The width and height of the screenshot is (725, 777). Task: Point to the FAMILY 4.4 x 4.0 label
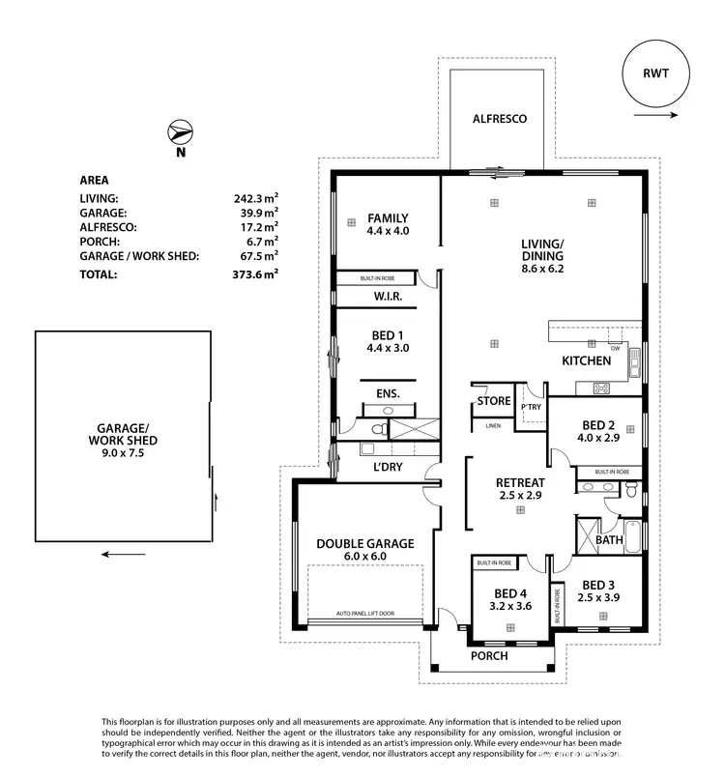387,224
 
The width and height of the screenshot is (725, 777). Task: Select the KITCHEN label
586,360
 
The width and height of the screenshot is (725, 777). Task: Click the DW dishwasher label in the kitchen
615,348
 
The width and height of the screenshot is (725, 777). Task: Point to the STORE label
494,401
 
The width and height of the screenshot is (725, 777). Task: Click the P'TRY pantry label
530,408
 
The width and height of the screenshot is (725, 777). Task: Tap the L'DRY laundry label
390,468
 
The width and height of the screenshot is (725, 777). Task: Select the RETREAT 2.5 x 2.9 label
520,489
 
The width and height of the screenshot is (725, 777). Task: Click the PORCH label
488,656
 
